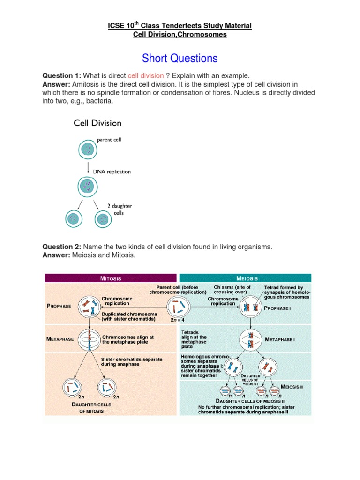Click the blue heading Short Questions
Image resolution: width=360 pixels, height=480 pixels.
(x=180, y=58)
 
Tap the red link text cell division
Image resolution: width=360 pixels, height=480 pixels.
(x=146, y=75)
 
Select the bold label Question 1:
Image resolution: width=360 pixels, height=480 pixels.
(x=62, y=75)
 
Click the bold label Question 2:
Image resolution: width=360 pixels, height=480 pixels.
(x=62, y=247)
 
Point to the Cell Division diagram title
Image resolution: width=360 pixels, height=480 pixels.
(x=97, y=123)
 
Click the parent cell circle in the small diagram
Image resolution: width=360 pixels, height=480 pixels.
(x=88, y=149)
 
